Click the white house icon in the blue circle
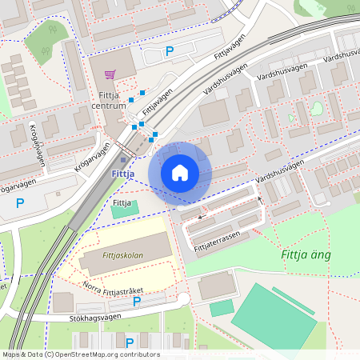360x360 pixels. pos(180,173)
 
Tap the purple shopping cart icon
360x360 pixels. pos(110,74)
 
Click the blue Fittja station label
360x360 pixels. pos(122,174)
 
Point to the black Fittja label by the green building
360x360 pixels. pos(122,203)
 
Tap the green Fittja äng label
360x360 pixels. pos(306,255)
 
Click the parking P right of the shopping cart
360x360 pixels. pos(169,52)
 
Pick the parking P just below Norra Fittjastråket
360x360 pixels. pos(136,302)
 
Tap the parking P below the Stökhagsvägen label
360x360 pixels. pos(129,342)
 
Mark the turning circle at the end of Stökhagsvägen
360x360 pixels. pos(183,299)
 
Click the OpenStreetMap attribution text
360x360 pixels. pos(80,354)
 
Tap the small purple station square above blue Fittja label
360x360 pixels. pos(122,158)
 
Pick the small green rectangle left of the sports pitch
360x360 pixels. pos(222,308)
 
